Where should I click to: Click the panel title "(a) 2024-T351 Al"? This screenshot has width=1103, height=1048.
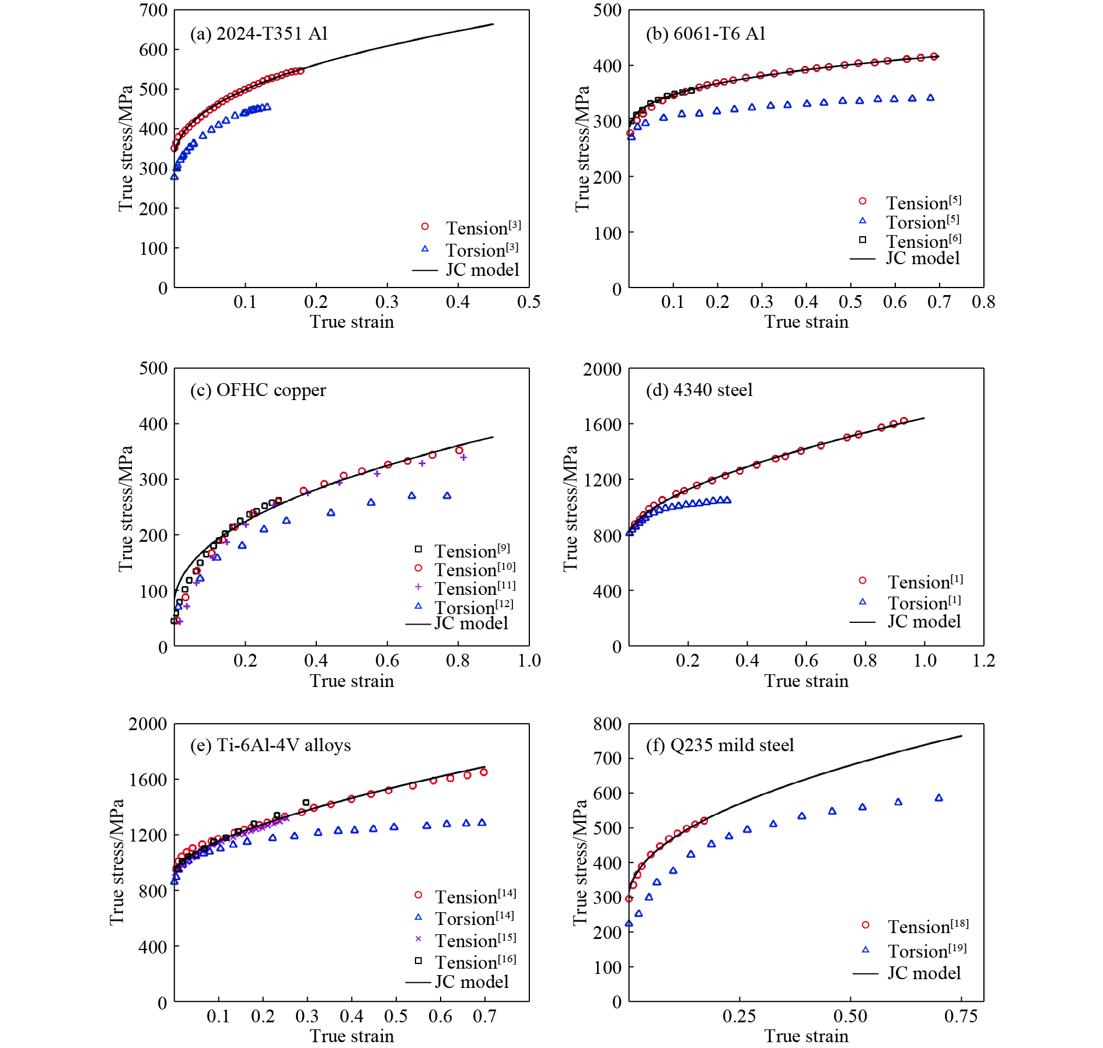(259, 34)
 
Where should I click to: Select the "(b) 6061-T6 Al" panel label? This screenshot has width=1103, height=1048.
(705, 34)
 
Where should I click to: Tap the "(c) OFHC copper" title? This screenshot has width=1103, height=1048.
(258, 390)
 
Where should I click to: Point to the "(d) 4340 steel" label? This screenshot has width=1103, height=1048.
(699, 390)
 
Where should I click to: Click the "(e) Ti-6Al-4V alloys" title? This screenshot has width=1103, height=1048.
(270, 745)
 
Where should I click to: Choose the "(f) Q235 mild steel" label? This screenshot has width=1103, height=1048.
(720, 745)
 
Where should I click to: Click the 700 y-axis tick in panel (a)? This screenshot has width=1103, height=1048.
(153, 10)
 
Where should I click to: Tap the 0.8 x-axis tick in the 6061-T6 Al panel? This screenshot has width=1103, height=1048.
(983, 302)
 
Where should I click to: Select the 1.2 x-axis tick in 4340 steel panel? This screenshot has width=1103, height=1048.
(983, 661)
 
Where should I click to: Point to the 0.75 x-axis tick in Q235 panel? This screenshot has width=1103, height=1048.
(961, 1016)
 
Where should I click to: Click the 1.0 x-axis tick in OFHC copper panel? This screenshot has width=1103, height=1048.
(529, 661)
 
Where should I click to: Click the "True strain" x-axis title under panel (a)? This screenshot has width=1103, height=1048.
(351, 322)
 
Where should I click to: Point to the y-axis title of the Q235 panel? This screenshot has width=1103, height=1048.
(580, 862)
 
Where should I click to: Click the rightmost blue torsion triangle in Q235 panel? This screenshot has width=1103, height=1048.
(938, 798)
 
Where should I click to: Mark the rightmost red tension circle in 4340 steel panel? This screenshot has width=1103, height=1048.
(903, 421)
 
